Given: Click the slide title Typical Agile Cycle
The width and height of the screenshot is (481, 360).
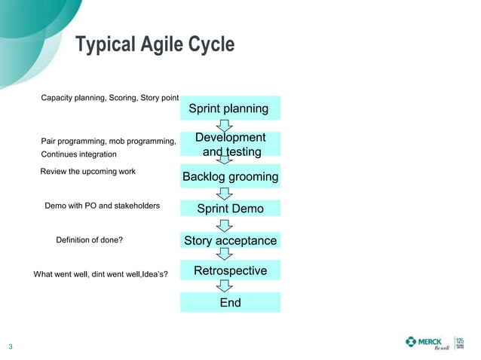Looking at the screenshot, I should pyautogui.click(x=155, y=45).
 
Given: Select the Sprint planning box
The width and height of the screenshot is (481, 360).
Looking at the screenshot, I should pyautogui.click(x=230, y=108).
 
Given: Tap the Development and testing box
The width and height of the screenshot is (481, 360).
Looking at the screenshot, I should pyautogui.click(x=230, y=145).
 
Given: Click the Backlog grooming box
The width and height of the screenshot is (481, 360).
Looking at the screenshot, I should pyautogui.click(x=230, y=177).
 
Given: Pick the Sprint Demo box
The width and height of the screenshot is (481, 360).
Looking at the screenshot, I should pyautogui.click(x=230, y=209).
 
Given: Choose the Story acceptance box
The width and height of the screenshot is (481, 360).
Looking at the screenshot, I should pyautogui.click(x=230, y=241).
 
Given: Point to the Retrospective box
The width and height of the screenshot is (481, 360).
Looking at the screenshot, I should pyautogui.click(x=230, y=270).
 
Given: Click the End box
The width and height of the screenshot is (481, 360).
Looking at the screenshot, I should pyautogui.click(x=230, y=302).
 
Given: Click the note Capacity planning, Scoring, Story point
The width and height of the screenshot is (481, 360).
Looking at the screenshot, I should pyautogui.click(x=109, y=99).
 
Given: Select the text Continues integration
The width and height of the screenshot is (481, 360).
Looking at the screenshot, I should pyautogui.click(x=78, y=154).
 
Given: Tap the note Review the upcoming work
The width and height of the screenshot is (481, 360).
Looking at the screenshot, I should pyautogui.click(x=87, y=172).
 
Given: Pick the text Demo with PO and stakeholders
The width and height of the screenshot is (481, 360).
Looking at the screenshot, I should pyautogui.click(x=102, y=205).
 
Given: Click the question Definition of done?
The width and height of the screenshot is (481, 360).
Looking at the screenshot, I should pyautogui.click(x=89, y=240).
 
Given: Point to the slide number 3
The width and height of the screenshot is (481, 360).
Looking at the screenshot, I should pyautogui.click(x=11, y=347).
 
